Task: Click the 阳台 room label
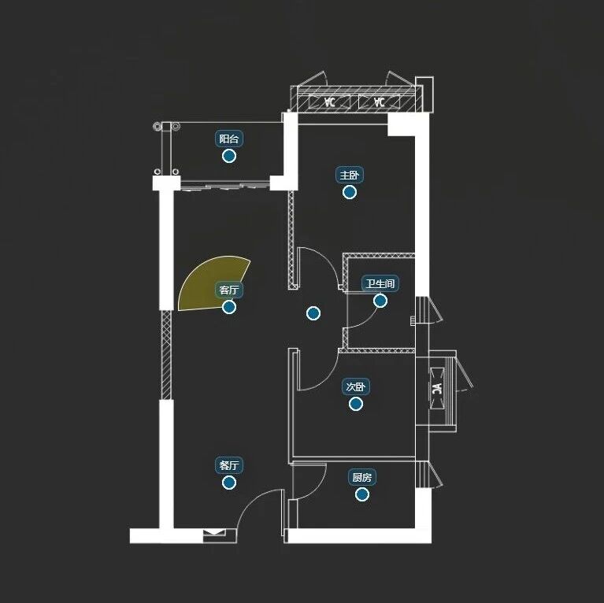(x=229, y=139)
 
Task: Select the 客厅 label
(x=229, y=290)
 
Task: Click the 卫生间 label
(x=379, y=283)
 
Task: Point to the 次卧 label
(x=356, y=387)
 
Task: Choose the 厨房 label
(x=362, y=478)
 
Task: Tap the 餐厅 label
(x=229, y=465)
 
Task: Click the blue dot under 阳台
(x=229, y=156)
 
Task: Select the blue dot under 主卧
(x=350, y=191)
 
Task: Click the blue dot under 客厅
(x=229, y=307)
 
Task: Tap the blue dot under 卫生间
(x=380, y=300)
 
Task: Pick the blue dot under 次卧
(x=356, y=404)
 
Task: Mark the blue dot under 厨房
(x=362, y=494)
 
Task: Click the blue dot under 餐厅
(x=229, y=482)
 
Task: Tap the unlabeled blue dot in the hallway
(x=313, y=313)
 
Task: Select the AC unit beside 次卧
(x=438, y=389)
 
